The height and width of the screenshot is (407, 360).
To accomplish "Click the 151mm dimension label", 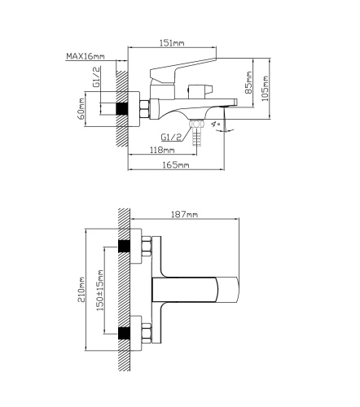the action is point(172,43).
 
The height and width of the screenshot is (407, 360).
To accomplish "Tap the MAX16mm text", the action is point(86,56).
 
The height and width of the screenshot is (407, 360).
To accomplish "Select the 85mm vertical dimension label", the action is point(248,82).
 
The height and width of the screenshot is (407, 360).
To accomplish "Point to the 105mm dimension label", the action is point(265,89).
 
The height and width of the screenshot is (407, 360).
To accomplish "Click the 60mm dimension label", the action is point(81,109).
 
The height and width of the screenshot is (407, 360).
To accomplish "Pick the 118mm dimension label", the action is point(162,150).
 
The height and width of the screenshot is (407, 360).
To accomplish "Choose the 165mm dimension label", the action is point(177,165).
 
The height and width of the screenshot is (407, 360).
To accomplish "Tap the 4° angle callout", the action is point(216,124).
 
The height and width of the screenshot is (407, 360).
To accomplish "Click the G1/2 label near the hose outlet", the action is point(171,137).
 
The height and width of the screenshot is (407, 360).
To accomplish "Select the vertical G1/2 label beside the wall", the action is point(96,77).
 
